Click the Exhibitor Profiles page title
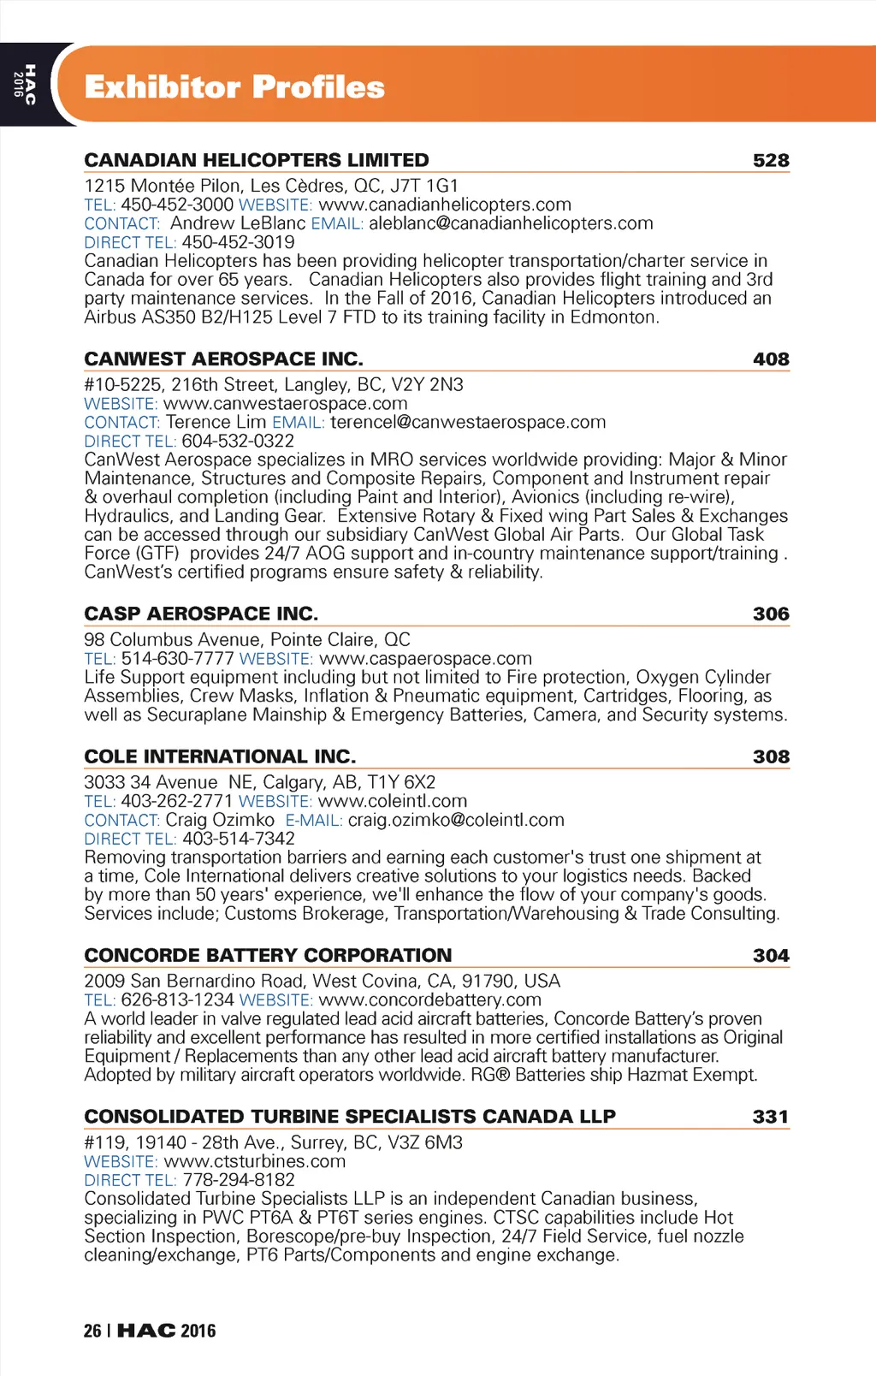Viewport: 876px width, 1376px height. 234,87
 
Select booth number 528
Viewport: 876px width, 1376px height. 771,161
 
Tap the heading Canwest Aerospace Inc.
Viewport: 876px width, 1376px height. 223,359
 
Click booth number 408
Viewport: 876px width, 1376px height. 771,359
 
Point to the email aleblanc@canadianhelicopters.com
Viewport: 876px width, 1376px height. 511,223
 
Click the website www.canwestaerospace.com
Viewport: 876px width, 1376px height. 285,404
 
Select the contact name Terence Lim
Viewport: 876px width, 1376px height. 216,423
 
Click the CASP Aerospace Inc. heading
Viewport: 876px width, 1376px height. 201,614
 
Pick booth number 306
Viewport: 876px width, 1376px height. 771,614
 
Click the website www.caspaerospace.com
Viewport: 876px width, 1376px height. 425,659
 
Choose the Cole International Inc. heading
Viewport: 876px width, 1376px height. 220,756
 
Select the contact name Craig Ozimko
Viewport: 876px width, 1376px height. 220,821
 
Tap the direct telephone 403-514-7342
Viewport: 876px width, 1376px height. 238,839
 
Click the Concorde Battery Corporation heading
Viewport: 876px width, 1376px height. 268,955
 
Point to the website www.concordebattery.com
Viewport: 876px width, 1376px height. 429,1000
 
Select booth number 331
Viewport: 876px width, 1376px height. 770,1117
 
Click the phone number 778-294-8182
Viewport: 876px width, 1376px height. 239,1180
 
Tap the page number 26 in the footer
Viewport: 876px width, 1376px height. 92,1331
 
